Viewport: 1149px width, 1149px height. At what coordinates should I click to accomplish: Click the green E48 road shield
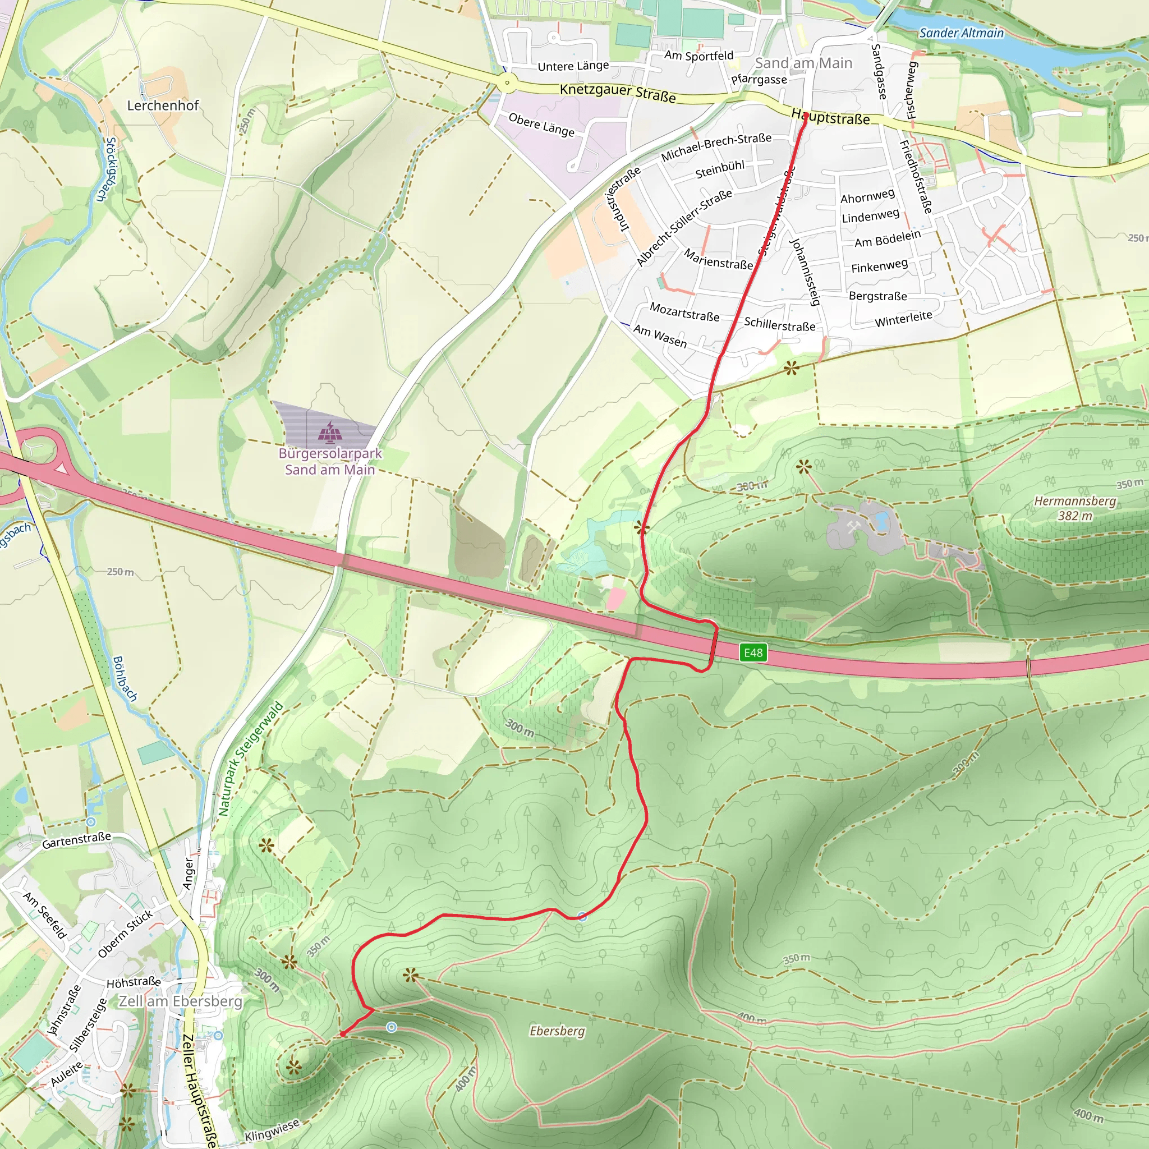[753, 652]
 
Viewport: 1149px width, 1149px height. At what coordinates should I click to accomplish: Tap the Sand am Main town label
[803, 63]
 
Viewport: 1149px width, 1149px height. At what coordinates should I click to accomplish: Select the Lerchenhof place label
[163, 105]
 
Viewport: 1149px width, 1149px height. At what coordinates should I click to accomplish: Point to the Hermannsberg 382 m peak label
[1074, 508]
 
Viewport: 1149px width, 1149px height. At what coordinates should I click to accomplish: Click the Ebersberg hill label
[557, 1031]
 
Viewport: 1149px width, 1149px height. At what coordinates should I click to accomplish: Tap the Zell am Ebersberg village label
[181, 1001]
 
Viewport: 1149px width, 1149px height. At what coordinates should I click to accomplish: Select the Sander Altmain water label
[961, 33]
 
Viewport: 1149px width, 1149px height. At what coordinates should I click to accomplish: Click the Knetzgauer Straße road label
[617, 93]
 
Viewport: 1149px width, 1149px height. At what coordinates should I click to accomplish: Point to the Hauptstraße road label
[830, 117]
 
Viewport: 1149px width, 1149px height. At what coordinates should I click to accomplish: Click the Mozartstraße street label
[684, 311]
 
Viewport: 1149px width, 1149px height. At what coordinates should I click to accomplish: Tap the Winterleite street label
[903, 319]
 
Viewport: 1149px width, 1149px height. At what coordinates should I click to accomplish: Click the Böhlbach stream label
[125, 679]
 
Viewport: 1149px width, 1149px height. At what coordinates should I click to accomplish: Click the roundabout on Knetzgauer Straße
[507, 83]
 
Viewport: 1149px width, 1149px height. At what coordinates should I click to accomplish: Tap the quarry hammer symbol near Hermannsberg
[853, 526]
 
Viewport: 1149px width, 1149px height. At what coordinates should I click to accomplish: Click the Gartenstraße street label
[77, 840]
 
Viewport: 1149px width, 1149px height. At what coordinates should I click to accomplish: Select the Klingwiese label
[272, 1130]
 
